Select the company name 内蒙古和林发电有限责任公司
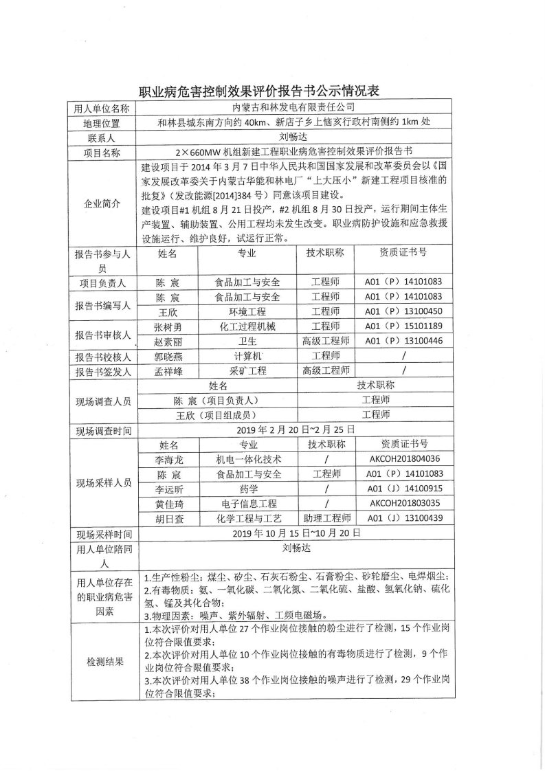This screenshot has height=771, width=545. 293,107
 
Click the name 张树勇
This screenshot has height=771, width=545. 168,326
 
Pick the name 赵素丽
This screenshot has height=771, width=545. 168,341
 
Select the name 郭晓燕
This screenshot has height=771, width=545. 168,356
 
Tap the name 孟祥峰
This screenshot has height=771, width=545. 168,371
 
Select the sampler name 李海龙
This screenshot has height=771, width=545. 168,458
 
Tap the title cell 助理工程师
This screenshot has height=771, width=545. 325,519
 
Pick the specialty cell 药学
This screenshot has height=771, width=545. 247,489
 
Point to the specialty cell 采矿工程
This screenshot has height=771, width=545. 247,371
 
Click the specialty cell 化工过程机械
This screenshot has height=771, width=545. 247,326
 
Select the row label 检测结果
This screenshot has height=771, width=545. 104,662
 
